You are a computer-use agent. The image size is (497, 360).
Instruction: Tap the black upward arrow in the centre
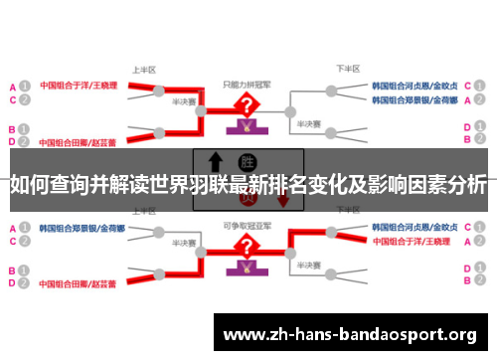click(x=214, y=162)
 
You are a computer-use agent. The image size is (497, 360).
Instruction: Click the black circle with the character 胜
click(x=247, y=162)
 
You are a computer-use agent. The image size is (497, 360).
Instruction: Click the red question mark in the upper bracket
click(x=243, y=105)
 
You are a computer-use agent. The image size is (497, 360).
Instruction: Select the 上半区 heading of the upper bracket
click(x=145, y=70)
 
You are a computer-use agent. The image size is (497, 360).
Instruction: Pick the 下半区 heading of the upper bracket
click(x=347, y=70)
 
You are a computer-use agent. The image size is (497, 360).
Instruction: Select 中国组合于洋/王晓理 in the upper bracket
click(x=79, y=86)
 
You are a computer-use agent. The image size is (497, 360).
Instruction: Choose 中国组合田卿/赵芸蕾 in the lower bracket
click(x=79, y=284)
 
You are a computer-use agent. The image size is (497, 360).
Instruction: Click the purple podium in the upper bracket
click(x=243, y=127)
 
